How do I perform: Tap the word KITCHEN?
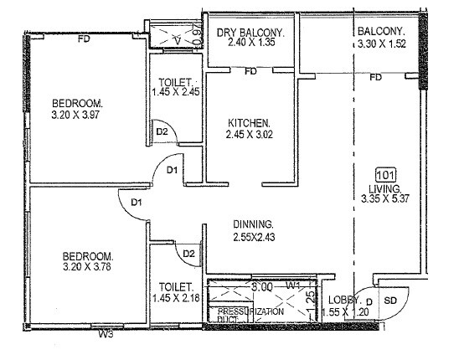(x=248, y=122)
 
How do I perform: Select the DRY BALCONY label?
(x=251, y=33)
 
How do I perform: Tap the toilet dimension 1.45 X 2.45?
(x=176, y=94)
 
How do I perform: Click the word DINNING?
(x=254, y=224)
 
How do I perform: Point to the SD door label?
(x=389, y=300)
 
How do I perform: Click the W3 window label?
(x=105, y=336)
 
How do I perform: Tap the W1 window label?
(x=293, y=285)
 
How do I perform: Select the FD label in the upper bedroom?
(x=83, y=39)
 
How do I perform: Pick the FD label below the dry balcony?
(x=250, y=72)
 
